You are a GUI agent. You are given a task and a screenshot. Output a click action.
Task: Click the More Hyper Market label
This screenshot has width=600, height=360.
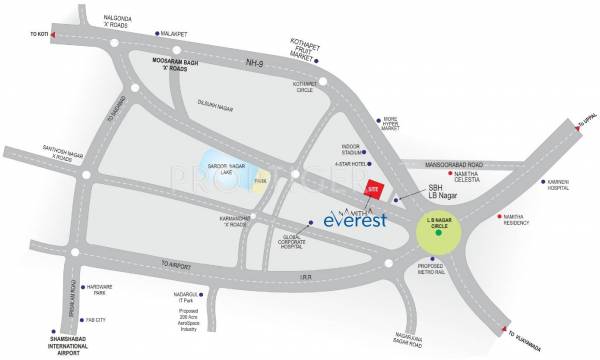[x=399, y=125]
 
